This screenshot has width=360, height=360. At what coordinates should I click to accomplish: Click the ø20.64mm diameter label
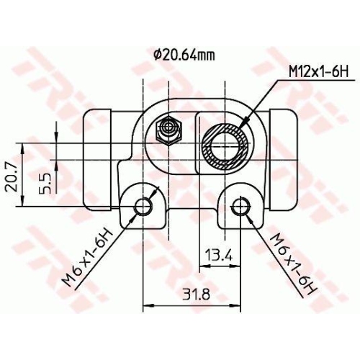coord(184,54)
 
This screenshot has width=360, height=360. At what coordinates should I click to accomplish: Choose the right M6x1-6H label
coord(293,262)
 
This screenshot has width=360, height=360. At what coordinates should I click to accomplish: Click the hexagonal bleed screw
coord(169,130)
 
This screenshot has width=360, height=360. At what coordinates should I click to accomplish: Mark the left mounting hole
coord(143,207)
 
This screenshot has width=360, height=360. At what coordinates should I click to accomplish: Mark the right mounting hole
coord(239,207)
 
